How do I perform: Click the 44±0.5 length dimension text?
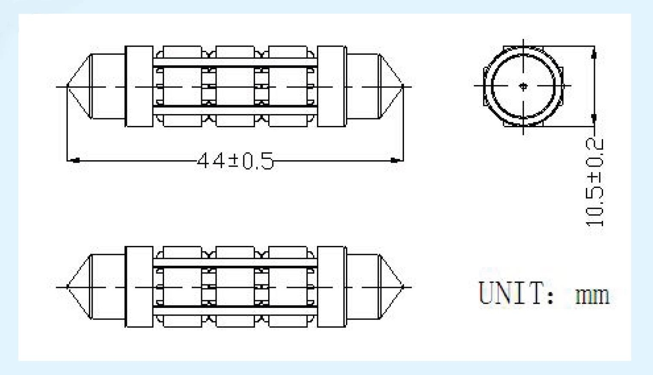(x=235, y=161)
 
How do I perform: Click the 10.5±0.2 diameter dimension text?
(x=595, y=182)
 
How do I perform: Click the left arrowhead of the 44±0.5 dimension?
(x=74, y=161)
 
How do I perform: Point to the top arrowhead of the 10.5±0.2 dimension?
(x=594, y=53)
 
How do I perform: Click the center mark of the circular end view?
(x=524, y=86)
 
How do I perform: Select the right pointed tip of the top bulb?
(x=402, y=86)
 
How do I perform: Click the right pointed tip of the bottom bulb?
(x=402, y=286)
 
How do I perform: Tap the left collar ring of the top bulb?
(x=139, y=86)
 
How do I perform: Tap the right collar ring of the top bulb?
(x=332, y=86)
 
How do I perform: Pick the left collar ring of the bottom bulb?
(x=139, y=286)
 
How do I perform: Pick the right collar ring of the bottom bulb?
(x=332, y=286)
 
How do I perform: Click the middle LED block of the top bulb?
(x=235, y=86)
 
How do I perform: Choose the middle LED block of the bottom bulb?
(x=235, y=286)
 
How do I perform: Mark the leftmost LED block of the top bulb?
(x=182, y=86)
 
